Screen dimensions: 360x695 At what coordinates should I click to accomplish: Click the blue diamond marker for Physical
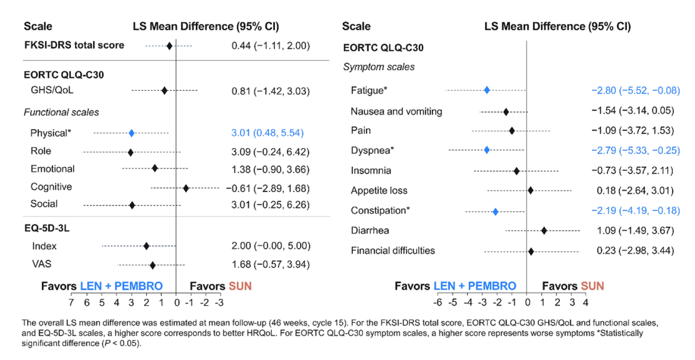pos(132,133)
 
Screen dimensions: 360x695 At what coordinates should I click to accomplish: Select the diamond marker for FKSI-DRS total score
pos(169,46)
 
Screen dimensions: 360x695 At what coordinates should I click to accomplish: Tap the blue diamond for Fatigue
pos(487,90)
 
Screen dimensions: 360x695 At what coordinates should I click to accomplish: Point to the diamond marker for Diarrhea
pos(544,230)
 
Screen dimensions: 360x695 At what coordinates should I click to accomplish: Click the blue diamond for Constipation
pos(496,211)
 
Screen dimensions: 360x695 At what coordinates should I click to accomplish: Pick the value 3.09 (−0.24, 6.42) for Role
pos(270,152)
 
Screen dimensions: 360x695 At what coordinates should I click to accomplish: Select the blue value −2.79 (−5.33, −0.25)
pos(635,150)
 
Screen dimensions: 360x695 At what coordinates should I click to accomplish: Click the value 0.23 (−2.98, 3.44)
pos(635,250)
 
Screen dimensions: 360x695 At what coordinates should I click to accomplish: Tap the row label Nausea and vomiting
pos(396,111)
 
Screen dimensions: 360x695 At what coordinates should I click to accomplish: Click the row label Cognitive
pos(51,187)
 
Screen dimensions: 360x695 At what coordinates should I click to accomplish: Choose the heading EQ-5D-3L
pos(47,228)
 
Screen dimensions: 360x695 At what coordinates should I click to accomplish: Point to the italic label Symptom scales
pos(379,67)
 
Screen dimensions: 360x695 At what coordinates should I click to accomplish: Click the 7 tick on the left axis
pos(71,303)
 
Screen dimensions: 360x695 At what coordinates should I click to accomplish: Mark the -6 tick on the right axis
pos(437,303)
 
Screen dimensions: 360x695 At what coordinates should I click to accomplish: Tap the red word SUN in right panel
pos(592,286)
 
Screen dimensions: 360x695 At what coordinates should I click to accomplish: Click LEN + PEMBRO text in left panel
pos(121,286)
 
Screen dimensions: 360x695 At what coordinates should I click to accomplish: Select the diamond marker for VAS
pos(153,265)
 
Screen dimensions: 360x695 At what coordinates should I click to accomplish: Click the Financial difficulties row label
pos(392,250)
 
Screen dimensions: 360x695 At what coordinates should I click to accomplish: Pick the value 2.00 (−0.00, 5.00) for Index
pos(271,246)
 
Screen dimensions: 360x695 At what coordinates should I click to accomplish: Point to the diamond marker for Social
pos(132,205)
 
